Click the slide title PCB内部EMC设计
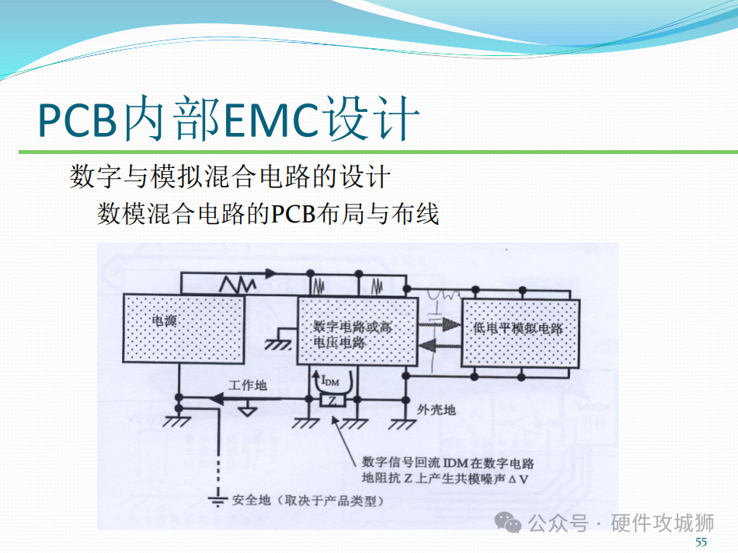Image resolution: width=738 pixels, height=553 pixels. pyautogui.click(x=229, y=118)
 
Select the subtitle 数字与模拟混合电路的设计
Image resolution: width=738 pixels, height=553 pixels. pyautogui.click(x=229, y=177)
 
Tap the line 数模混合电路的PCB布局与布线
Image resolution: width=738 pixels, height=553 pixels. pyautogui.click(x=268, y=213)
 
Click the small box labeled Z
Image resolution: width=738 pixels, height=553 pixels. pyautogui.click(x=332, y=401)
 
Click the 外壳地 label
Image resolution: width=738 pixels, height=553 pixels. pyautogui.click(x=436, y=409)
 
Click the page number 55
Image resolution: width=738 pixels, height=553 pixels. pyautogui.click(x=701, y=542)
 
